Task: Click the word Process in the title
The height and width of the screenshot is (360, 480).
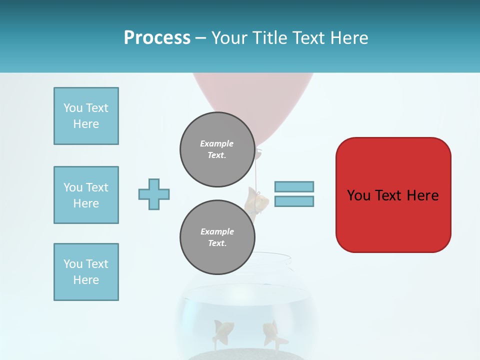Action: click(x=157, y=38)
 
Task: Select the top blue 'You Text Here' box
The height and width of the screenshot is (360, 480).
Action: click(x=86, y=116)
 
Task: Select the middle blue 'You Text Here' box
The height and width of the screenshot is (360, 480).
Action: click(x=86, y=195)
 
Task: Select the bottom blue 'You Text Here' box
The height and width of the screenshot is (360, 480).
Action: click(x=86, y=272)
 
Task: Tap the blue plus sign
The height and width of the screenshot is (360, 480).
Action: click(x=154, y=194)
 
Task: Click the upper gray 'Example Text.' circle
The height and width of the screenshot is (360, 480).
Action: click(x=217, y=149)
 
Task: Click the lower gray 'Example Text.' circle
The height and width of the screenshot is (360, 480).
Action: click(x=217, y=237)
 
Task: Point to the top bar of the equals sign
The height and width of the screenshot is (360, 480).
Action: click(x=294, y=186)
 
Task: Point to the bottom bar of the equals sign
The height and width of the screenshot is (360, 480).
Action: click(x=294, y=201)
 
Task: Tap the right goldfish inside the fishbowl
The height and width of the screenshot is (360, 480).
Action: click(x=273, y=333)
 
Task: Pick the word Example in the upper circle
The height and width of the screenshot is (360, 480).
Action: click(x=216, y=143)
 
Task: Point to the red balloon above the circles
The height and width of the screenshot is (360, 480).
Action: click(x=252, y=95)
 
